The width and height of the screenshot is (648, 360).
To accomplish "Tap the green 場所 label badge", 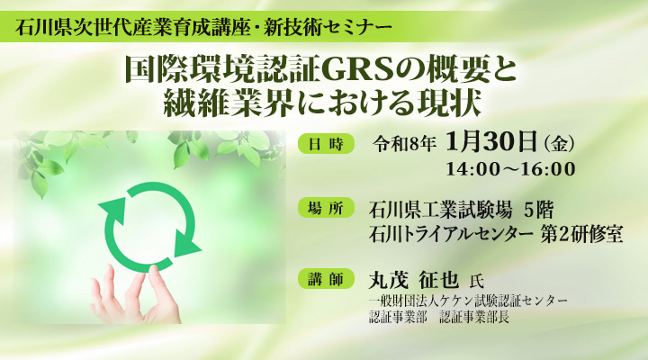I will pos(327,210).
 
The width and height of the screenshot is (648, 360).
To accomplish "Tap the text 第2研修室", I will pos(582,235).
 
